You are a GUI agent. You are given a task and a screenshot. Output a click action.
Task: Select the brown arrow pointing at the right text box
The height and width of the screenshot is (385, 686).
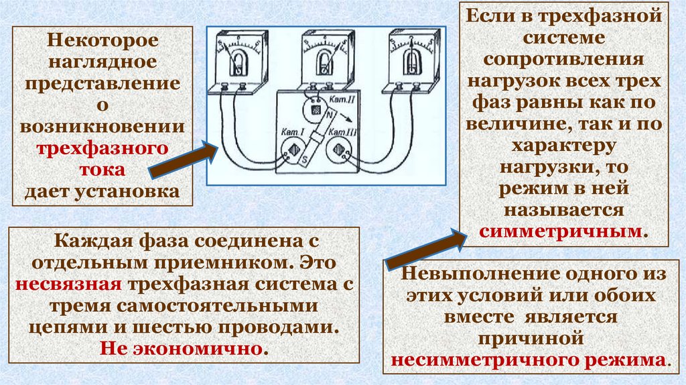click(426, 247)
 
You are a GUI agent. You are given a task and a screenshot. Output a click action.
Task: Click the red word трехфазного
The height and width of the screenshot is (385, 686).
click(102, 148)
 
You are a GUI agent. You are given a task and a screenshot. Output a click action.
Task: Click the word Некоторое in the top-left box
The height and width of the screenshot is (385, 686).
click(102, 40)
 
